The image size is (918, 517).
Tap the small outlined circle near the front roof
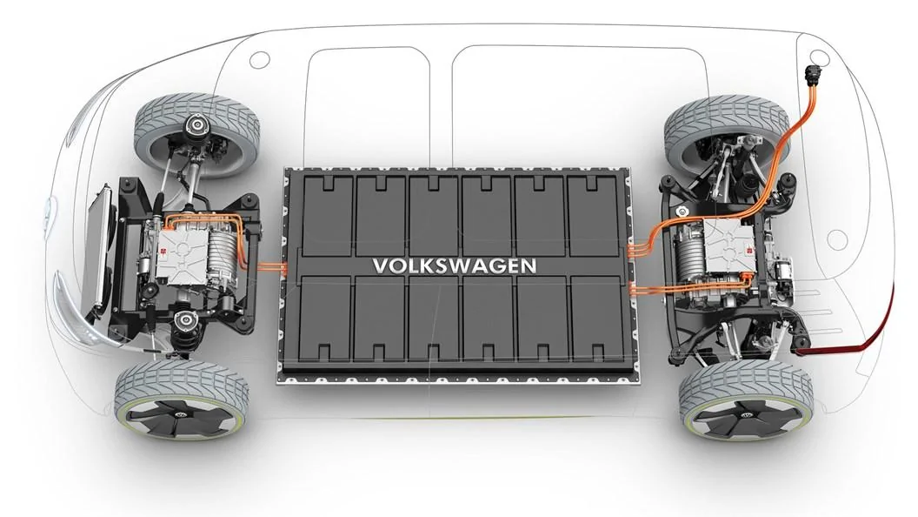(258, 60)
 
